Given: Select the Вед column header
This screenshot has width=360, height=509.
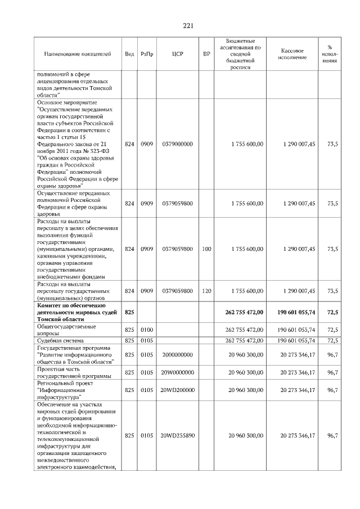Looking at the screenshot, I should coord(129,54).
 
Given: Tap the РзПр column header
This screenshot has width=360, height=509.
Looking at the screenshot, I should coord(147,54).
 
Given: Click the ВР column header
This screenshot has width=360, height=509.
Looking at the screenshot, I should coord(206,54).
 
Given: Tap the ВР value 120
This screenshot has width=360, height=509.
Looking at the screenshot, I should coord(206,291).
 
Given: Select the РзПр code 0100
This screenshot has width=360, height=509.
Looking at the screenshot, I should coord(147,330).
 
